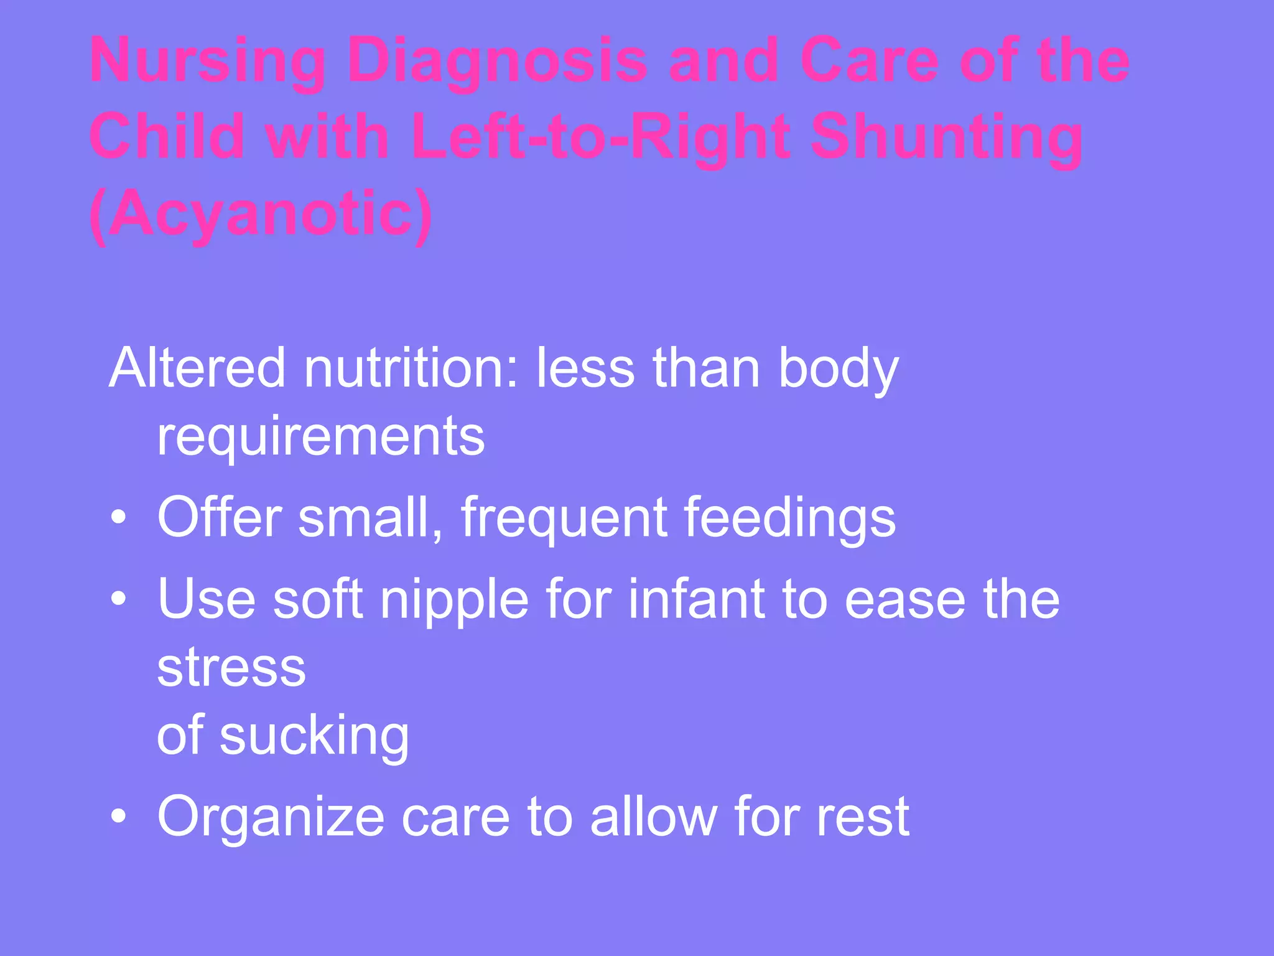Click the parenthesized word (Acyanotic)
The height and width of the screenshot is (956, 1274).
261,213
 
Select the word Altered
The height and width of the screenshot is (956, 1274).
197,368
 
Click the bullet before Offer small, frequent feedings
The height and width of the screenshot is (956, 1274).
118,517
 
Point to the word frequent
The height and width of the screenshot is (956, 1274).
564,518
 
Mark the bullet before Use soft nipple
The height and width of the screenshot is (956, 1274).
118,599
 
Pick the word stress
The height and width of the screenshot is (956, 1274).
231,668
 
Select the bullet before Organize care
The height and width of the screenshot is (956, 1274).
118,816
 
